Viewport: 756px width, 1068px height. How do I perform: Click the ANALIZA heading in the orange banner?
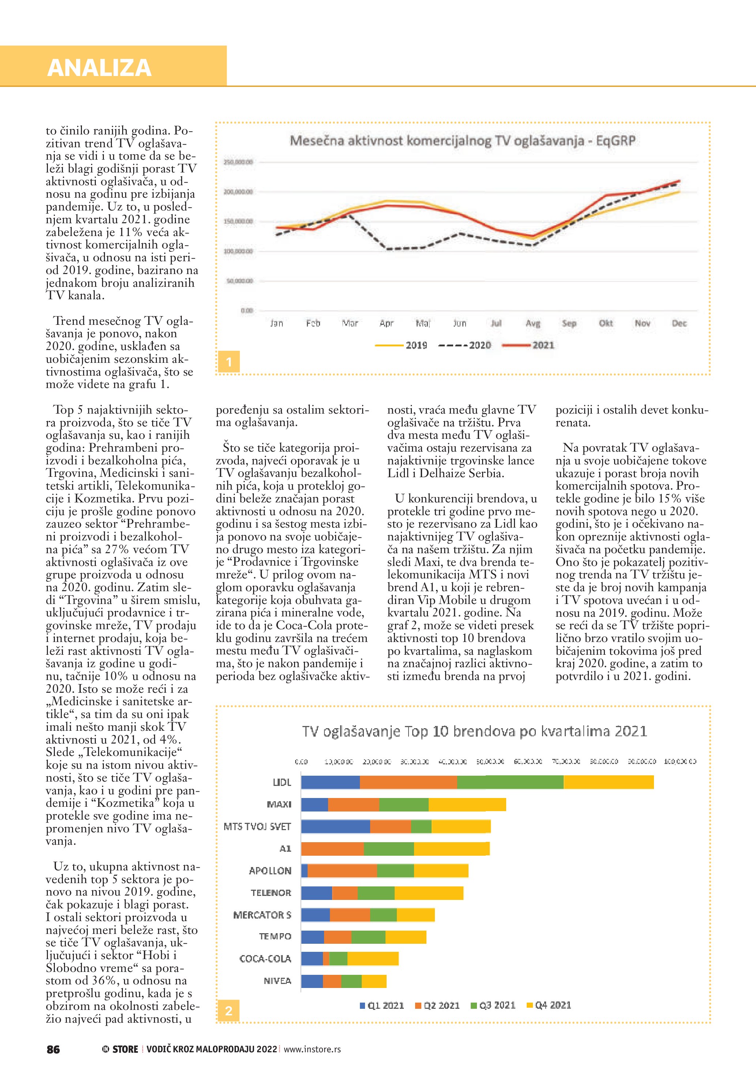(x=99, y=68)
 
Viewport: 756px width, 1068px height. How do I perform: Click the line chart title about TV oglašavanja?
(x=462, y=140)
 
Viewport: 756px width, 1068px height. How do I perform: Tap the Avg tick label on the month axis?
(x=533, y=323)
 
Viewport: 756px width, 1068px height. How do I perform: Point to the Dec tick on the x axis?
(x=679, y=323)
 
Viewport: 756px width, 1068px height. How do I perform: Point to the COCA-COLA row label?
(x=265, y=959)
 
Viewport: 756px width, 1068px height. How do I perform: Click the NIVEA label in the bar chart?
(x=278, y=981)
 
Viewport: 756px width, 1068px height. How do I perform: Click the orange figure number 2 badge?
(x=229, y=1011)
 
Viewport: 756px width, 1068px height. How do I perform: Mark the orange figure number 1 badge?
(x=229, y=362)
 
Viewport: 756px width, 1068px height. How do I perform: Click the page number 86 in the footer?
(x=53, y=1049)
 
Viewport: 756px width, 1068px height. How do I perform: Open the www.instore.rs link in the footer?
(x=312, y=1049)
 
